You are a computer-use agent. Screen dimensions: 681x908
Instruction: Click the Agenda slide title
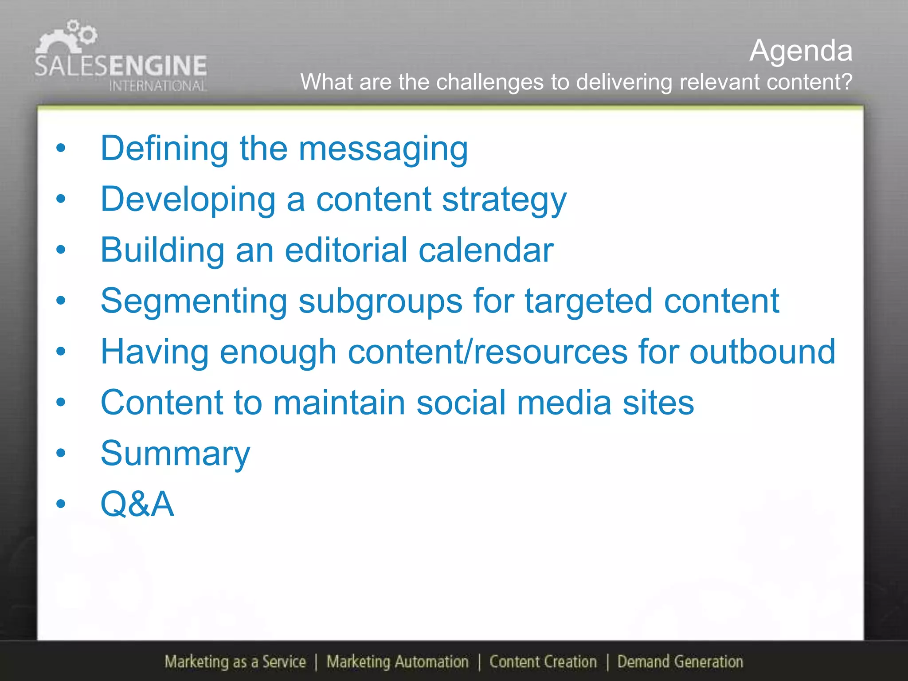coord(801,51)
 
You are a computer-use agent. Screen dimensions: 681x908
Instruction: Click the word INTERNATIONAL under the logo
coord(157,86)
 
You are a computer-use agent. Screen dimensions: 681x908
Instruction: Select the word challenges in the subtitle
coord(489,82)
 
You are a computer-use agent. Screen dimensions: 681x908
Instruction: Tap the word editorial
coord(346,250)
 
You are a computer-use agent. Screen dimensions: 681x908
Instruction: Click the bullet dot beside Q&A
coord(61,504)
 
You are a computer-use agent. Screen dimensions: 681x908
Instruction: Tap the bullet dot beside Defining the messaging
coord(61,148)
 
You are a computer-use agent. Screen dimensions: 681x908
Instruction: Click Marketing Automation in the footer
coord(397,661)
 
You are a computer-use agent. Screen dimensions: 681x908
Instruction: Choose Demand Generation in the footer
coord(680,661)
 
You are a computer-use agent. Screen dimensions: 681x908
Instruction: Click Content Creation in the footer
coord(543,661)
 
